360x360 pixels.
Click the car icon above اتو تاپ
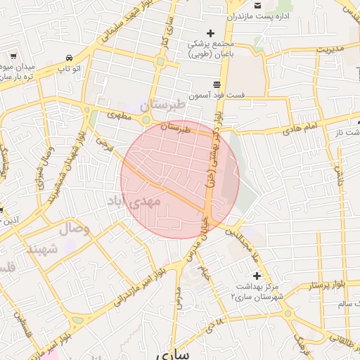tap(68, 58)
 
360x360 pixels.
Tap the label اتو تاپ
tap(69, 68)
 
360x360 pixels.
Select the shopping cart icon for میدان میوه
tap(13, 55)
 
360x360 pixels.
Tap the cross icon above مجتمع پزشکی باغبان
tap(210, 33)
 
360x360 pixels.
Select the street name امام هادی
tap(302, 129)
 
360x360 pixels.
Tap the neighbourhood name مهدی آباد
tap(134, 201)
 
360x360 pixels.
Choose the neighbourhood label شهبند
tap(42, 248)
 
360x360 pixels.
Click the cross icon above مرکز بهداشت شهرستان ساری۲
tap(257, 275)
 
